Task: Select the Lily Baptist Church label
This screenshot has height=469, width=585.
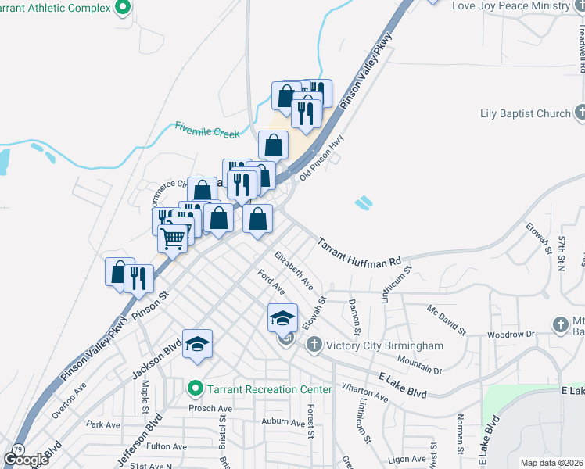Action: (525, 113)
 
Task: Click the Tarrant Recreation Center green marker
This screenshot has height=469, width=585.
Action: (195, 388)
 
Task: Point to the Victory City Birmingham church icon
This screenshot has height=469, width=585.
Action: (314, 345)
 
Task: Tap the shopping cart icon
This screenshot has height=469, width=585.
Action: (173, 235)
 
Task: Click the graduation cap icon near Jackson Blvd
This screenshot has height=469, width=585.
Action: (198, 344)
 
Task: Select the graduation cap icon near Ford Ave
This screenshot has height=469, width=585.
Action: (282, 318)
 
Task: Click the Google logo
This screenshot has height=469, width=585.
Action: (26, 459)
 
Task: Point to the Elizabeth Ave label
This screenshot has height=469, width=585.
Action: (293, 270)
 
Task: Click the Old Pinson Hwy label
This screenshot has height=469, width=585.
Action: (323, 161)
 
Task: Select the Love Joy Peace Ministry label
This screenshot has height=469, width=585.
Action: (511, 5)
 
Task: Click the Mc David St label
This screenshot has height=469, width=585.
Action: (446, 320)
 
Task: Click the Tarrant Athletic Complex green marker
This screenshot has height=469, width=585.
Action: (122, 8)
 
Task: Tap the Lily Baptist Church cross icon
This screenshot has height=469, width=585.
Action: (580, 113)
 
